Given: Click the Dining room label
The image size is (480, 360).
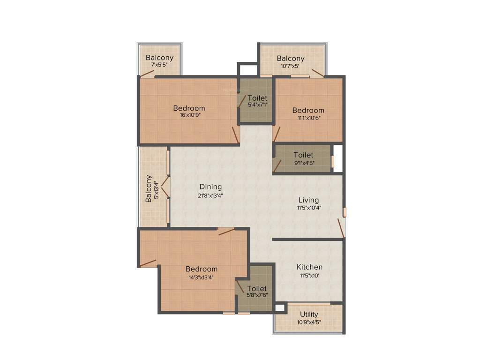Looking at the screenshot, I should pyautogui.click(x=210, y=187).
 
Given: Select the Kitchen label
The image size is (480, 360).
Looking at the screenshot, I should pyautogui.click(x=309, y=267).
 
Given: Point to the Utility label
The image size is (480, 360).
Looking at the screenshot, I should pyautogui.click(x=309, y=314).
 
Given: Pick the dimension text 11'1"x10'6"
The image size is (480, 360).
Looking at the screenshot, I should pyautogui.click(x=308, y=118).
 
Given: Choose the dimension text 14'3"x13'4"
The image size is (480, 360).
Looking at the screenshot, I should pyautogui.click(x=201, y=277).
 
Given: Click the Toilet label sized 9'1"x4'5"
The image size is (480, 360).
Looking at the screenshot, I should pyautogui.click(x=303, y=155).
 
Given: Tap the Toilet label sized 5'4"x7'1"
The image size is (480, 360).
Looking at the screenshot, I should pyautogui.click(x=257, y=98).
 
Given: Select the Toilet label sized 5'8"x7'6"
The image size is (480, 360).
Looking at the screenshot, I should pyautogui.click(x=256, y=288).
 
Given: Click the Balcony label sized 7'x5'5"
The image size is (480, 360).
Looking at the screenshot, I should pyautogui.click(x=159, y=58).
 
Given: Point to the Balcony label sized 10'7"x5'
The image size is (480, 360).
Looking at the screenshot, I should pyautogui.click(x=290, y=58).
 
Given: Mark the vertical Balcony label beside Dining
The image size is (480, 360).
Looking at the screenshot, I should pyautogui.click(x=149, y=188).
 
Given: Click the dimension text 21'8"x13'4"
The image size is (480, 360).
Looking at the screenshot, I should pyautogui.click(x=210, y=195).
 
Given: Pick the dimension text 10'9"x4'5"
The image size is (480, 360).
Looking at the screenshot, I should pyautogui.click(x=309, y=322).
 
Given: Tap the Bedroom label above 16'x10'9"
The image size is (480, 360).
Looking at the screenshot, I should pyautogui.click(x=189, y=108).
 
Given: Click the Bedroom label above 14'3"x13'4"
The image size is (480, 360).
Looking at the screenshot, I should pyautogui.click(x=201, y=269).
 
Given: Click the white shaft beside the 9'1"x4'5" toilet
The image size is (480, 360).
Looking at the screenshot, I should pyautogui.click(x=338, y=158).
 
